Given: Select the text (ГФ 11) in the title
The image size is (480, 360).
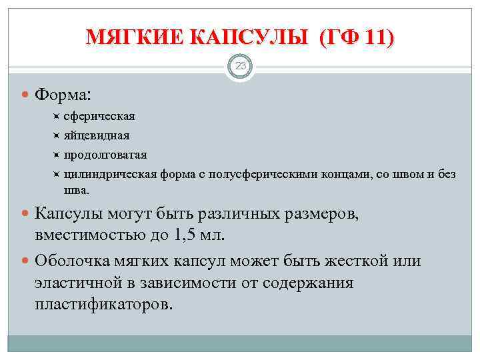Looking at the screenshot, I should (x=356, y=38).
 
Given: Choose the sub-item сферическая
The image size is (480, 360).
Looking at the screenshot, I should (x=99, y=117).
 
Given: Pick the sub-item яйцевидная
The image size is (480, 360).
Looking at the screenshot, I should (x=97, y=136).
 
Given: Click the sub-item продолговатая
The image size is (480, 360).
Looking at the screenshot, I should (x=105, y=155).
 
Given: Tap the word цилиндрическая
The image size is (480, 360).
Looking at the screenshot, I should (x=110, y=175).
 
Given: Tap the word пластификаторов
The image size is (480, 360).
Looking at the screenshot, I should (x=103, y=305).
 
